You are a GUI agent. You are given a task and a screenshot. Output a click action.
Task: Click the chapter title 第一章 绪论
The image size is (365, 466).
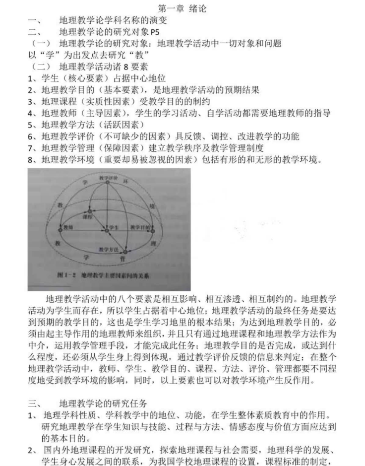[182, 8]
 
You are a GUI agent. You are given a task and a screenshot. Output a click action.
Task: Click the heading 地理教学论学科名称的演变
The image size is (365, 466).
[113, 21]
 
